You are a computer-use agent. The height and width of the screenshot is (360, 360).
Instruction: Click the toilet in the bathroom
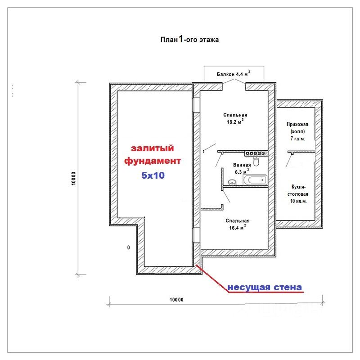(x=256, y=162)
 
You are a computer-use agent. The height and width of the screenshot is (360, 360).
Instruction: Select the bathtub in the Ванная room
(x=254, y=181)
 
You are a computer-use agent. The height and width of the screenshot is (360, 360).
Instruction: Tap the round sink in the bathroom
(x=232, y=182)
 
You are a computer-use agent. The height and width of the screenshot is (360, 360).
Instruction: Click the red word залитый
(x=152, y=148)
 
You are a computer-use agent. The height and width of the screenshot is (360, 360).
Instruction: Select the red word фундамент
(x=153, y=161)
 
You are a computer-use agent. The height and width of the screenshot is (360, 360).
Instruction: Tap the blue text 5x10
(x=153, y=175)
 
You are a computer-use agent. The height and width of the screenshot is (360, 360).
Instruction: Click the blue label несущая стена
(x=264, y=287)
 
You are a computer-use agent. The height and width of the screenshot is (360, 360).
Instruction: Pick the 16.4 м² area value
(x=237, y=228)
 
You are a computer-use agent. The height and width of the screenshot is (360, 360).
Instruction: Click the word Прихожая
(x=298, y=124)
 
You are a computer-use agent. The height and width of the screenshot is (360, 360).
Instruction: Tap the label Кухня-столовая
(x=298, y=189)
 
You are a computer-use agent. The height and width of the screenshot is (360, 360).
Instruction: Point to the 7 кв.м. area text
(x=298, y=139)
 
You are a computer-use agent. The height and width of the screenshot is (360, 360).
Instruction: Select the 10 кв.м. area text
(x=298, y=201)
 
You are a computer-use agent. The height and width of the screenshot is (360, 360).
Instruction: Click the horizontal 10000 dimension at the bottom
(x=176, y=299)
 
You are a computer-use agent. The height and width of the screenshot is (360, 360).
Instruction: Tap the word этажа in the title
(x=208, y=40)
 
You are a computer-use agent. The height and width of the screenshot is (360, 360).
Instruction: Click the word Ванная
(x=242, y=165)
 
